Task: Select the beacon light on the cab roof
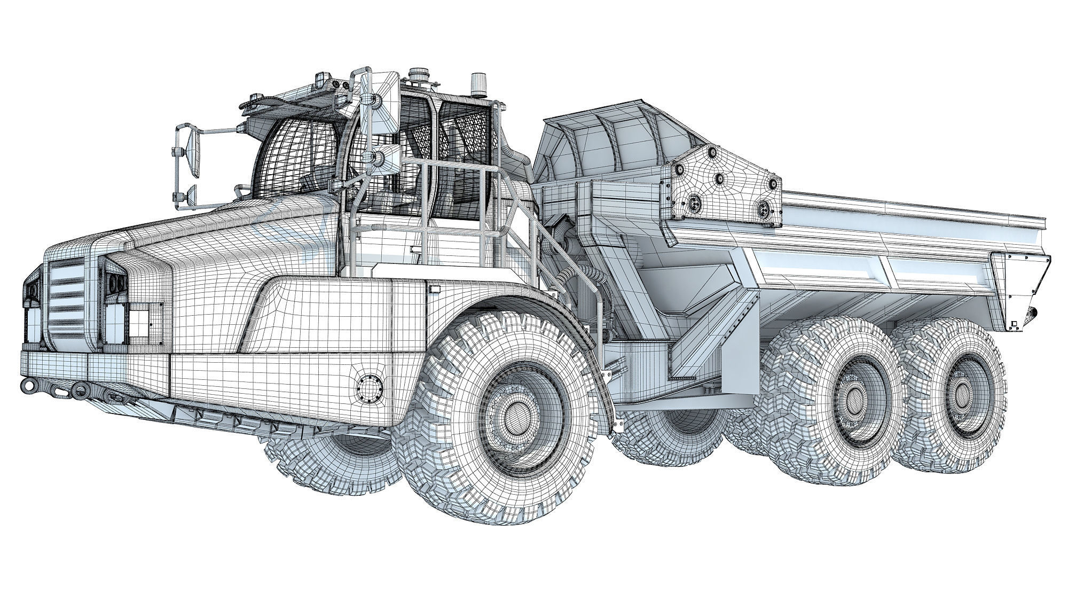pyautogui.click(x=477, y=86)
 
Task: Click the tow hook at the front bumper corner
pyautogui.click(x=27, y=384)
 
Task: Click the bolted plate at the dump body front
pyautogui.click(x=721, y=182)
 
